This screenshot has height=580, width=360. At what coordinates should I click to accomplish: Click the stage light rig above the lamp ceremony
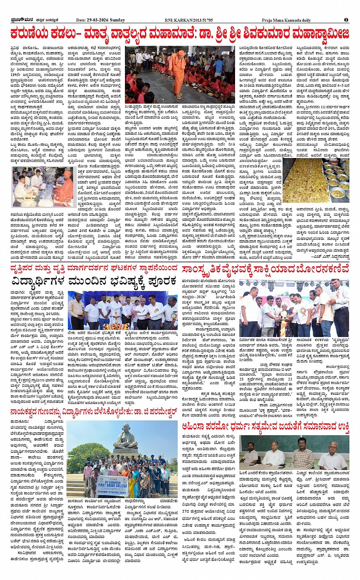click(293, 284)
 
